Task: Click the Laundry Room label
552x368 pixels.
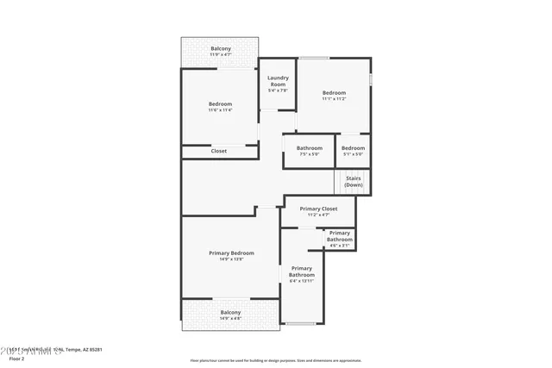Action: pyautogui.click(x=278, y=80)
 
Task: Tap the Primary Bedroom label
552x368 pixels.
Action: pyautogui.click(x=231, y=253)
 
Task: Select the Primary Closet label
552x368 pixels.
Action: pyautogui.click(x=318, y=209)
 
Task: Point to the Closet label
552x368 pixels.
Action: pyautogui.click(x=219, y=151)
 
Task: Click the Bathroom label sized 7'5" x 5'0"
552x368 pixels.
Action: pyautogui.click(x=310, y=147)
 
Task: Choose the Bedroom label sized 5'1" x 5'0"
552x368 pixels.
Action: pyautogui.click(x=353, y=147)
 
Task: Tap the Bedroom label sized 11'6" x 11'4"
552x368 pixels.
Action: pyautogui.click(x=220, y=104)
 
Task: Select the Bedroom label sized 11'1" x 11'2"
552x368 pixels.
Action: pyautogui.click(x=334, y=92)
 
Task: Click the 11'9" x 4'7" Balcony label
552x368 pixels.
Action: pyautogui.click(x=221, y=48)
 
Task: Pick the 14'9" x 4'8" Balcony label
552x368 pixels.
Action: pyautogui.click(x=230, y=312)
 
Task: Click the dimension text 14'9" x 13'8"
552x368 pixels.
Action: pyautogui.click(x=231, y=259)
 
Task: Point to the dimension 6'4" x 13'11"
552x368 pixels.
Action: pyautogui.click(x=302, y=281)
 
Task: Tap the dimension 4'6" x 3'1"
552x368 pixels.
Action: pyautogui.click(x=340, y=246)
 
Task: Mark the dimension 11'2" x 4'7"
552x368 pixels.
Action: pyautogui.click(x=318, y=215)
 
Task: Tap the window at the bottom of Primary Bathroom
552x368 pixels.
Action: pyautogui.click(x=301, y=323)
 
